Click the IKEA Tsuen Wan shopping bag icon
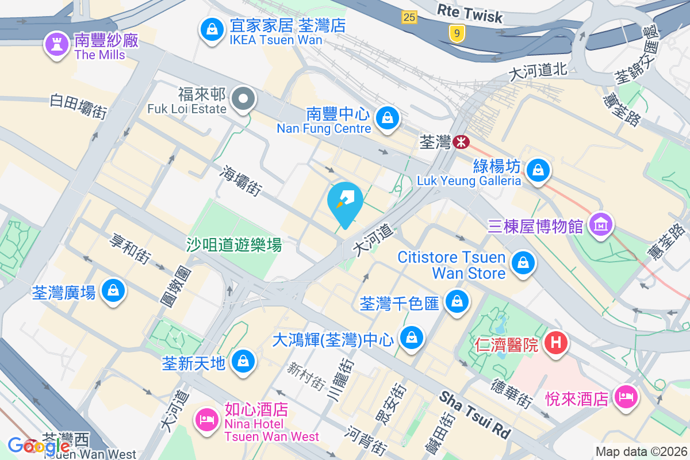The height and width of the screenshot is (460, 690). pyautogui.click(x=212, y=29)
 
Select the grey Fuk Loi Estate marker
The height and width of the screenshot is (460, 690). pyautogui.click(x=244, y=99)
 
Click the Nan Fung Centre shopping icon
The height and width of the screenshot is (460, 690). pyautogui.click(x=388, y=118)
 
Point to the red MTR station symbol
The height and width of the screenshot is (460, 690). pyautogui.click(x=461, y=141)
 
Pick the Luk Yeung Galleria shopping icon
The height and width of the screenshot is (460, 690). pyautogui.click(x=538, y=171)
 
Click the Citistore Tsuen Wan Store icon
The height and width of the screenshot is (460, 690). pyautogui.click(x=523, y=264)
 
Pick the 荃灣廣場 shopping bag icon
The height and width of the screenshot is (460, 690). pyautogui.click(x=113, y=291)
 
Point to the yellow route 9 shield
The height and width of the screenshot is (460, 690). pyautogui.click(x=457, y=34)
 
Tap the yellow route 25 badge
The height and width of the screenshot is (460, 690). pyautogui.click(x=409, y=17)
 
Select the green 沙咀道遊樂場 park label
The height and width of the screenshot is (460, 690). pyautogui.click(x=234, y=245)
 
